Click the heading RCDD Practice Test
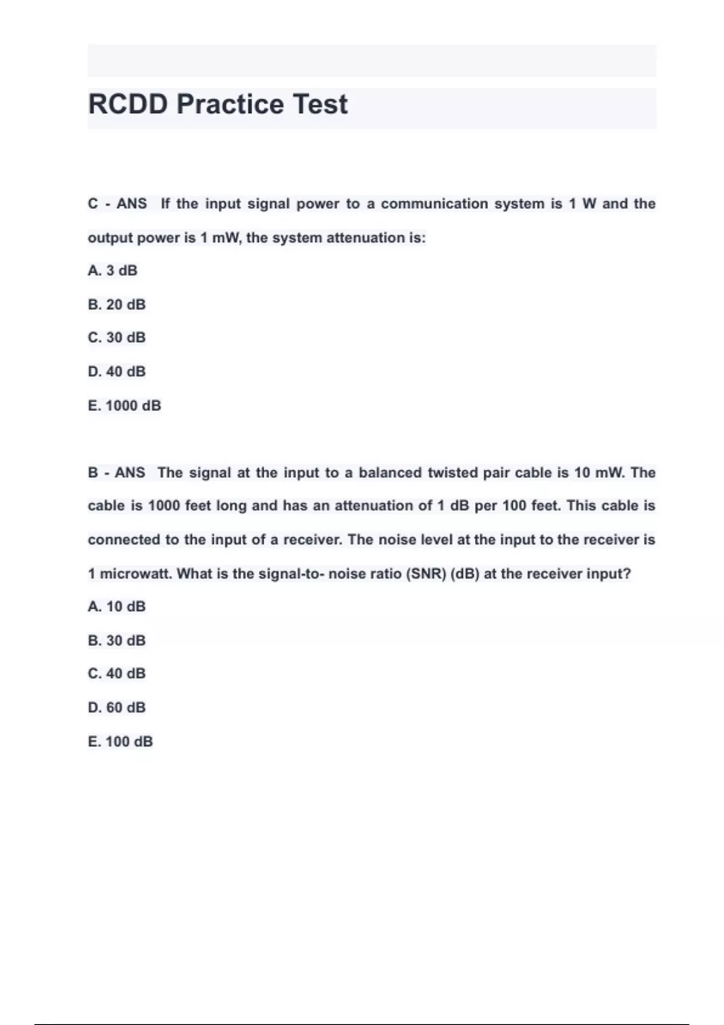(218, 104)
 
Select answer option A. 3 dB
(113, 271)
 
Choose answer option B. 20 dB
(117, 304)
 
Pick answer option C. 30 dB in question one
(117, 338)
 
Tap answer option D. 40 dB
(117, 371)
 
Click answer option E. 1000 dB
(124, 406)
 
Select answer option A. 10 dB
(117, 607)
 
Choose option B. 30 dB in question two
(117, 640)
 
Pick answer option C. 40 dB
(117, 673)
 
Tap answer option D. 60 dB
(117, 707)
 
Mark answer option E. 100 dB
(121, 742)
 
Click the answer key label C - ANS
(118, 204)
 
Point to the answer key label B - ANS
(117, 473)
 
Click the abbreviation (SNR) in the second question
(426, 573)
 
